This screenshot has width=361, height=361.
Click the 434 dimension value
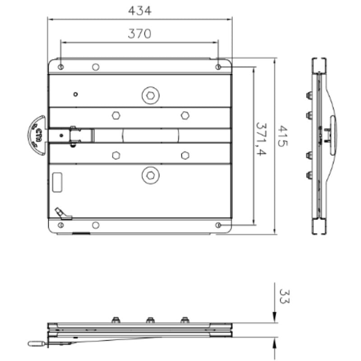point(140,10)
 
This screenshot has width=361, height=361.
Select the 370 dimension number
point(139,33)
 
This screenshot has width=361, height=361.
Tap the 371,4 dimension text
point(261,139)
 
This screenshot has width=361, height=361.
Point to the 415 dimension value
point(283,136)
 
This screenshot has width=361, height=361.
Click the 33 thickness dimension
point(284,296)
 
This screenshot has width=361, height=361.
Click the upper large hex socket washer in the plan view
point(151,95)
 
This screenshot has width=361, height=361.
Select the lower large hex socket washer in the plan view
point(151,176)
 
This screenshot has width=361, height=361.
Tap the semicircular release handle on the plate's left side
point(37,135)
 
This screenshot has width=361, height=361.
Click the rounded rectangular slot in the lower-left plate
point(57,182)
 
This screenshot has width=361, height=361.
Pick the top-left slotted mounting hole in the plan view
point(61,67)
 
